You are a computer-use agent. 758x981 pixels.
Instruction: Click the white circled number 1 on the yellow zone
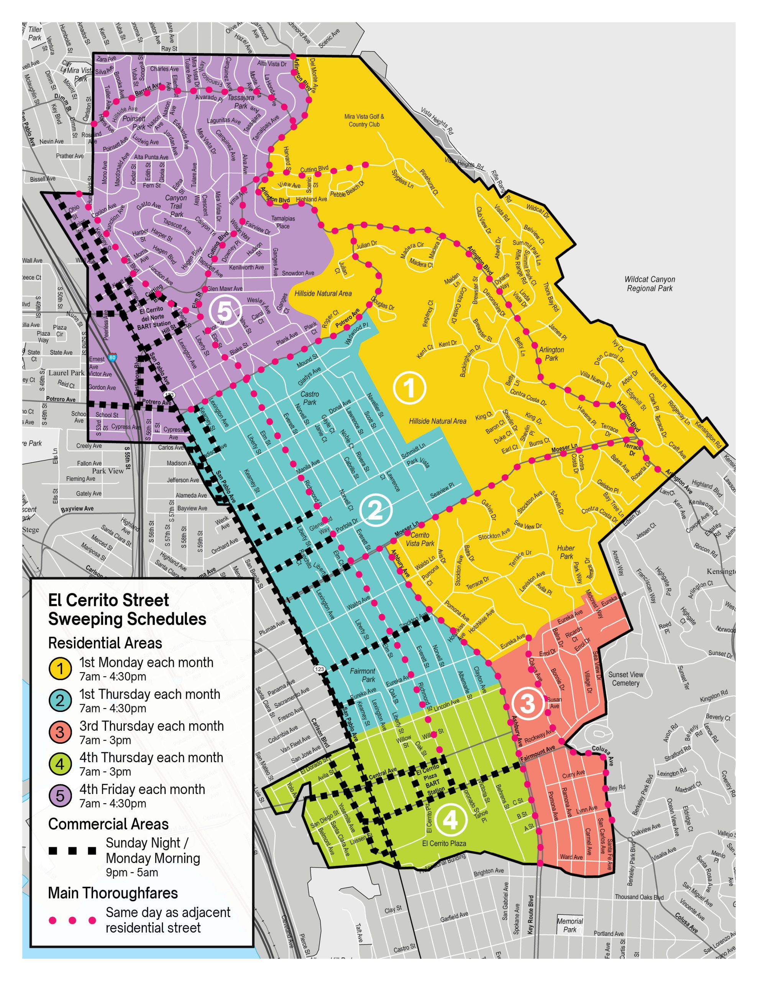coord(409,388)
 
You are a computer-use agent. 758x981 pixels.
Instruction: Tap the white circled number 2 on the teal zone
coord(376,510)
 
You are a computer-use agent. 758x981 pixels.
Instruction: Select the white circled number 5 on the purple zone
coord(225,312)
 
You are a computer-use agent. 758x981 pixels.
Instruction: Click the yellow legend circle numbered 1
coord(60,669)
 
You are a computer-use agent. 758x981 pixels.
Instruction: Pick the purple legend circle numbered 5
coord(60,796)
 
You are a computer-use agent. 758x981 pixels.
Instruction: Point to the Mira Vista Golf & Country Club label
coord(364,120)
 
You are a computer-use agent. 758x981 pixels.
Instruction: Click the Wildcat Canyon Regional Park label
coord(649,284)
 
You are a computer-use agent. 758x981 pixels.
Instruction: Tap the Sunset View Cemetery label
coord(625,679)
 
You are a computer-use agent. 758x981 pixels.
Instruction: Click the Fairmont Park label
coord(362,675)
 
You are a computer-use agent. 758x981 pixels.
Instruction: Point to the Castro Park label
coord(310,398)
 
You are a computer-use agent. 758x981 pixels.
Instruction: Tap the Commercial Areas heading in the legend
coord(108,824)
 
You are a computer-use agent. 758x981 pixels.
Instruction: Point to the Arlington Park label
coord(551,353)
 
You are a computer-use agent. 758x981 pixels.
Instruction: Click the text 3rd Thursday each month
coord(151,726)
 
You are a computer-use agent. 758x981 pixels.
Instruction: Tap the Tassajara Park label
coord(241,102)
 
